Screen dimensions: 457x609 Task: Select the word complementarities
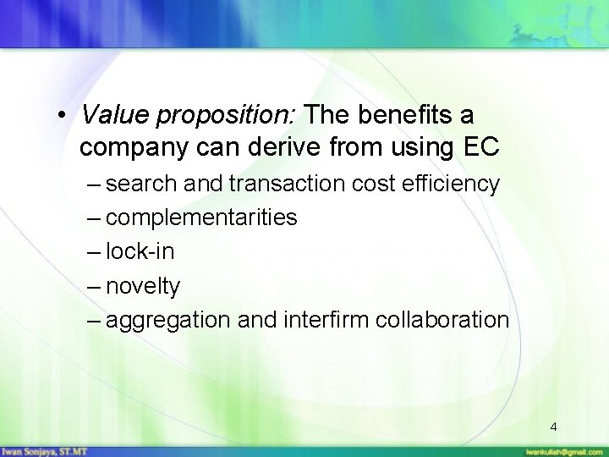point(202,218)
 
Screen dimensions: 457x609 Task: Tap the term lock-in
point(139,252)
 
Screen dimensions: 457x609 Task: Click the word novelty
point(144,287)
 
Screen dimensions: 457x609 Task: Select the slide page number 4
point(552,427)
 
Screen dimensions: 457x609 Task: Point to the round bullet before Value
point(63,116)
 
